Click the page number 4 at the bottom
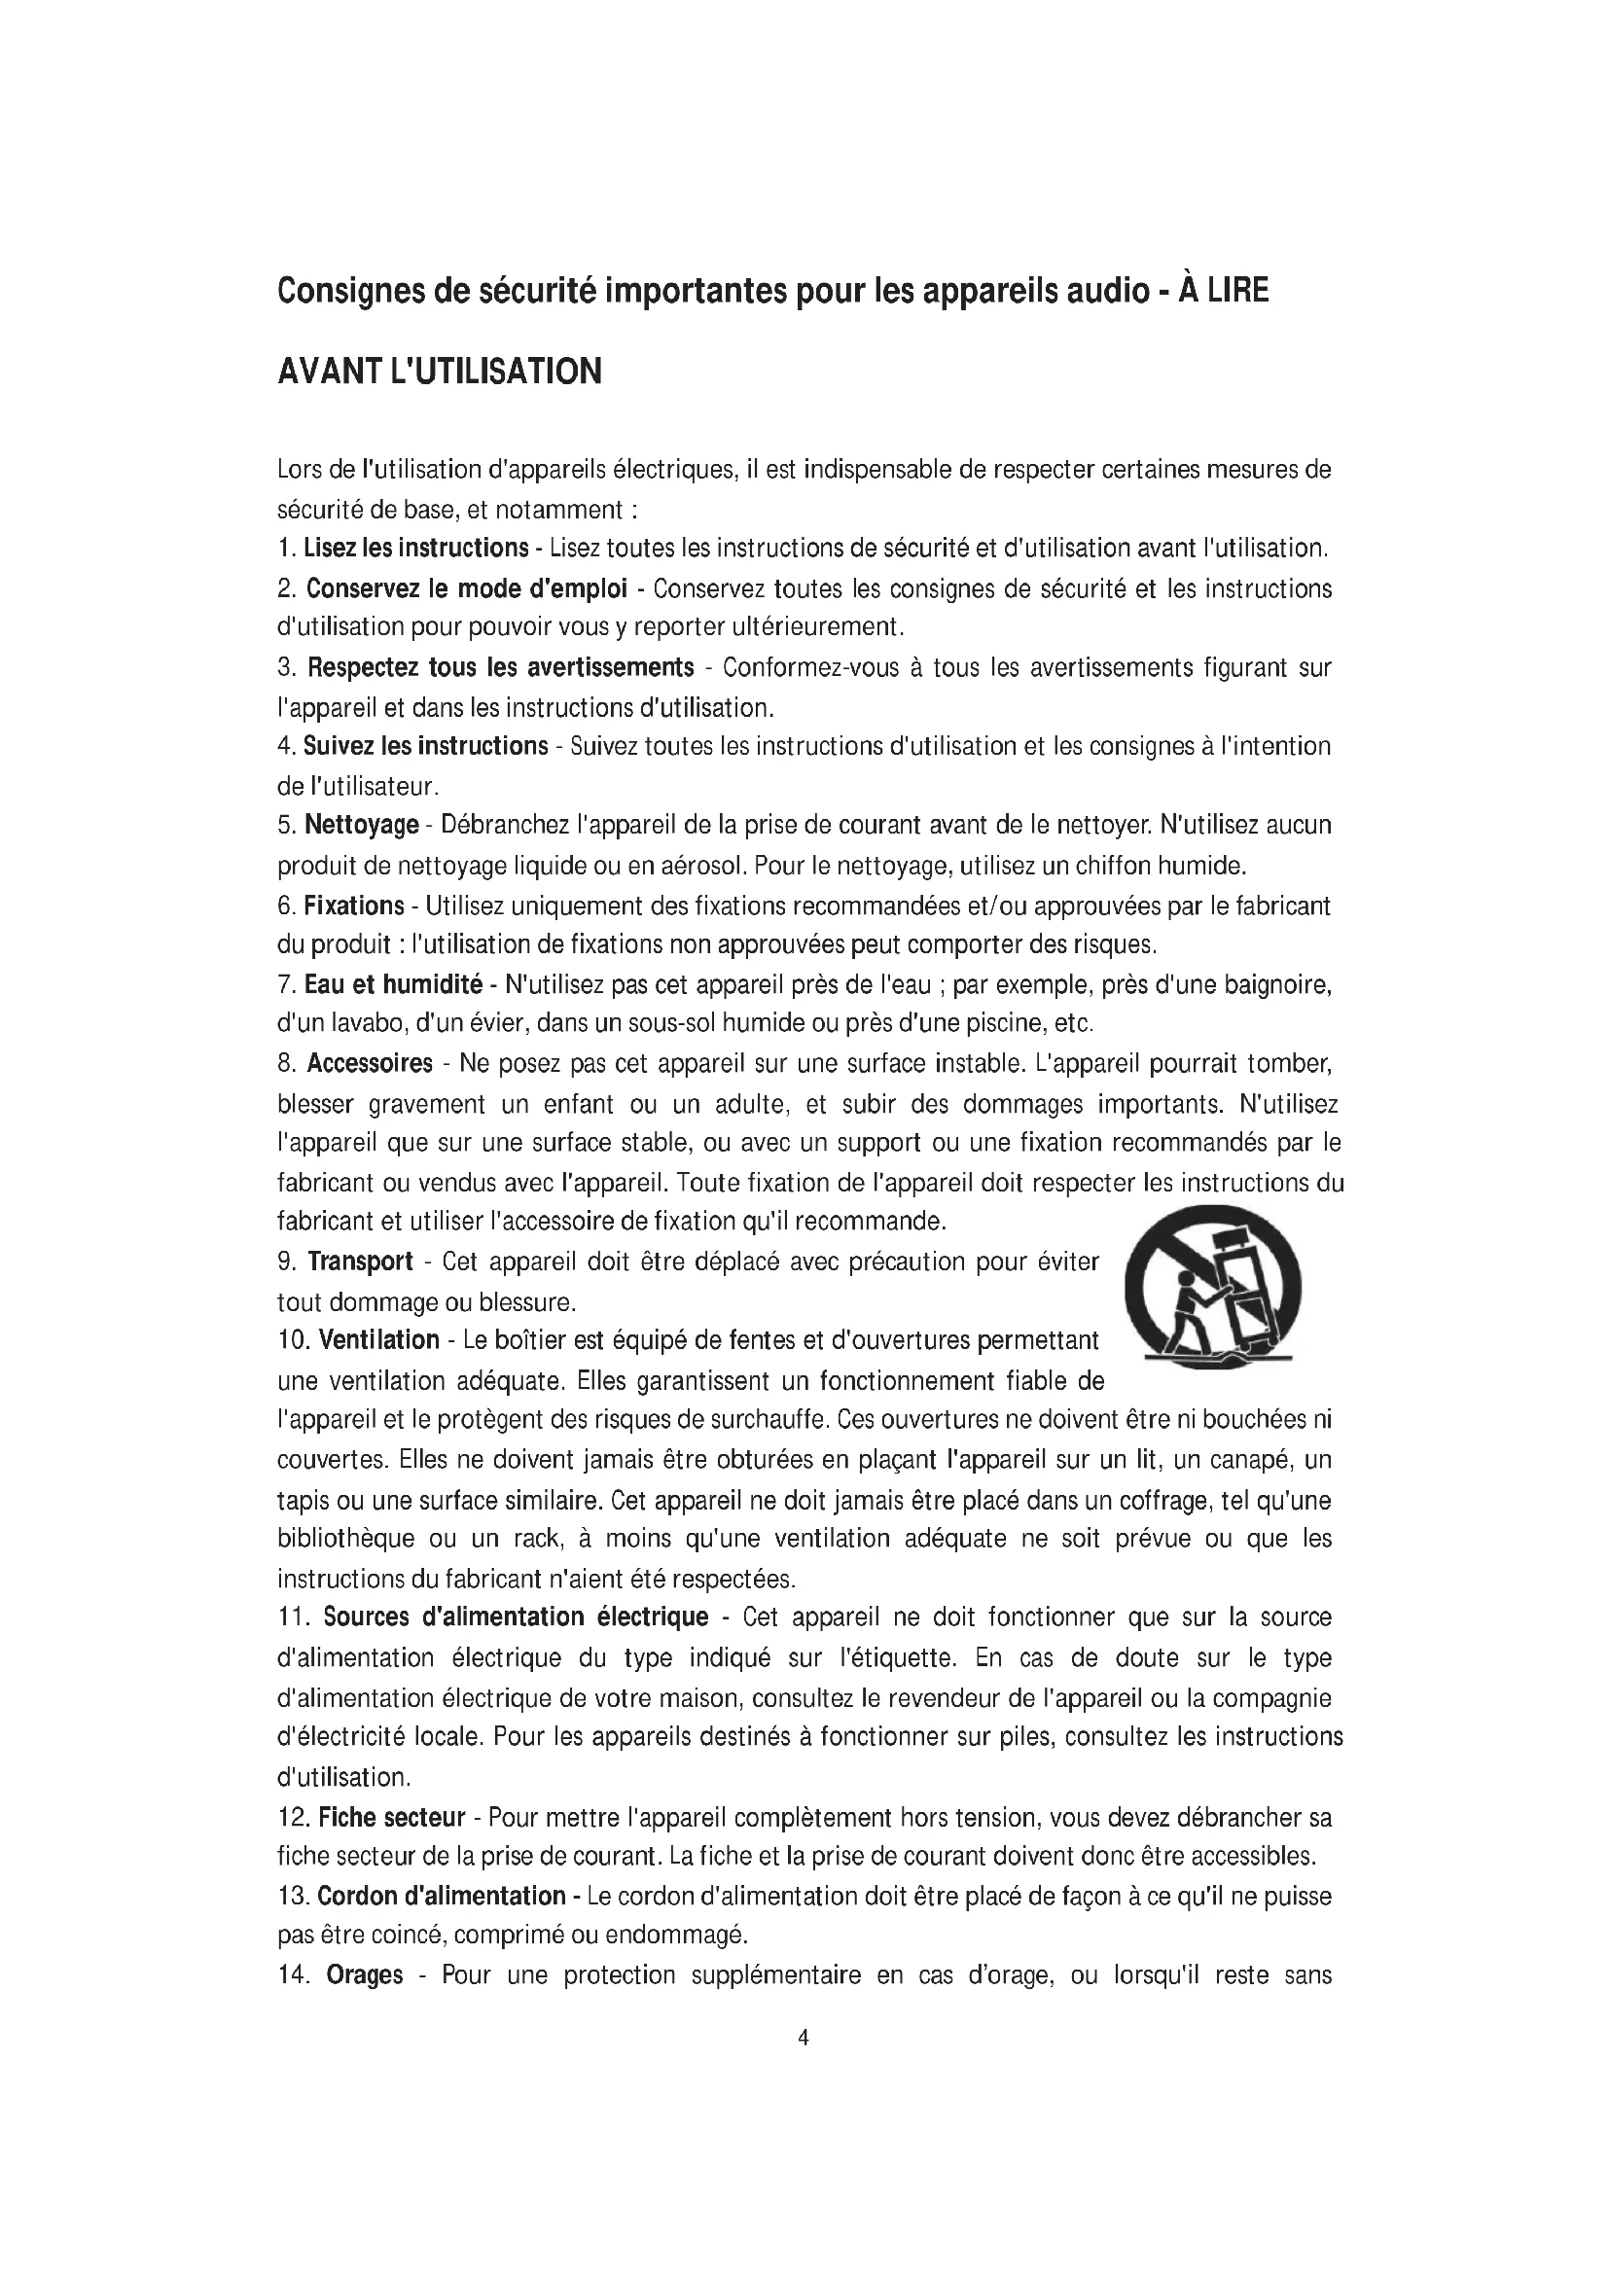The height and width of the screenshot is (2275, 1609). (804, 2039)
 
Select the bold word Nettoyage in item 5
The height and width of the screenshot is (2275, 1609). (362, 826)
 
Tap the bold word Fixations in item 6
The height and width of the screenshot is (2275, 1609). (354, 906)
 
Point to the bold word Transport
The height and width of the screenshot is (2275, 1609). (360, 1262)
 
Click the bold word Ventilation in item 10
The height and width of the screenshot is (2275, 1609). (378, 1340)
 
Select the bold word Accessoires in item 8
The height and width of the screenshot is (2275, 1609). (370, 1063)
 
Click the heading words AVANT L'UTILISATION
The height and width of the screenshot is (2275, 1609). (440, 372)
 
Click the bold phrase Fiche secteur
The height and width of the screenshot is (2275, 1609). (391, 1817)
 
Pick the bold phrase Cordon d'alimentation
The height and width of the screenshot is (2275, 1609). (441, 1896)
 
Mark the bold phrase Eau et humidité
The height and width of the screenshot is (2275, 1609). (393, 985)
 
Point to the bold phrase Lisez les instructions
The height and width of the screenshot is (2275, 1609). (415, 548)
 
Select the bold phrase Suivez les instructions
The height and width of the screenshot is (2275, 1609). (425, 746)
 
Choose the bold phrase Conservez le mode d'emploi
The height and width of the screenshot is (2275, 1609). (466, 588)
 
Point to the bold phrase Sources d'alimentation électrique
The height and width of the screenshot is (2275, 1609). (516, 1617)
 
